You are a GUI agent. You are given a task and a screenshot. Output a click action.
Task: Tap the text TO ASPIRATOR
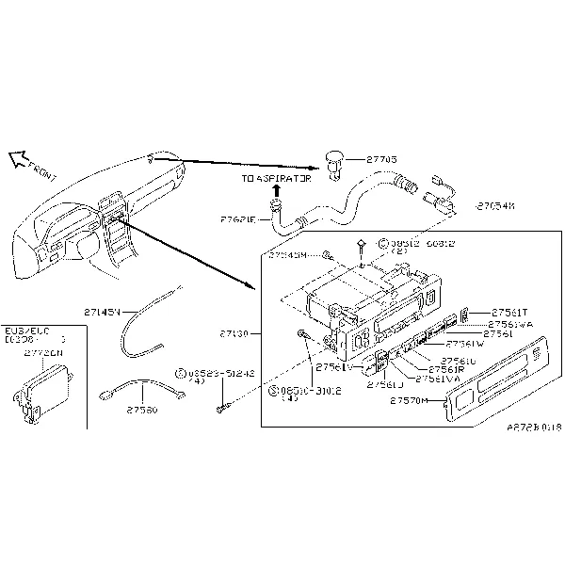(x=275, y=178)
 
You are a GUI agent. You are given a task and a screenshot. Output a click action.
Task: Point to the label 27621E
(x=239, y=218)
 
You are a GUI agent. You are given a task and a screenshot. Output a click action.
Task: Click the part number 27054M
(x=496, y=204)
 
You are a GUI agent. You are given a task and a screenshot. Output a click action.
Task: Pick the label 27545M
(x=288, y=254)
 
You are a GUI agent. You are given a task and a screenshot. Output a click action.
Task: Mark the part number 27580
(x=142, y=410)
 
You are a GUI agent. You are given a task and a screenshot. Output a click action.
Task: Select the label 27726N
(x=43, y=353)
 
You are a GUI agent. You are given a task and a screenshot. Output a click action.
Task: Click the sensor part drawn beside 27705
(x=335, y=160)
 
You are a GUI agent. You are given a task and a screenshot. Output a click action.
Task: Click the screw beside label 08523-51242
(x=221, y=407)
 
